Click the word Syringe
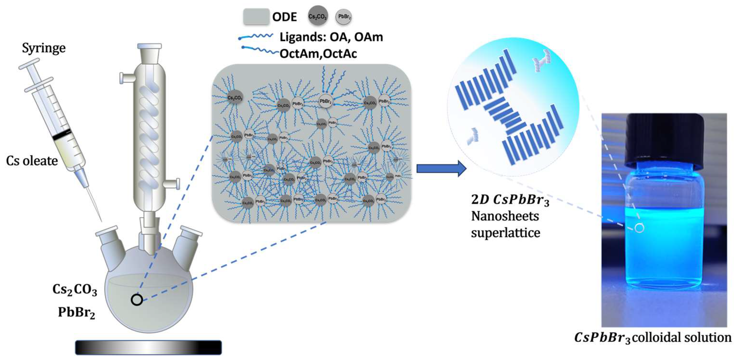(x=44, y=48)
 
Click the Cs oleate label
(x=32, y=161)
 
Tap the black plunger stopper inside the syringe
(x=62, y=134)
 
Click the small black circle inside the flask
(x=137, y=300)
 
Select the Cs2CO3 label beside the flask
(x=75, y=290)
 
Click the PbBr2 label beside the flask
(x=77, y=313)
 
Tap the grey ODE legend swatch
(x=256, y=17)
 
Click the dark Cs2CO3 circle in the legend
(x=318, y=17)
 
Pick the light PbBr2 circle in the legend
(x=344, y=17)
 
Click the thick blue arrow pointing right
(x=441, y=169)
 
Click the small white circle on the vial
(x=639, y=228)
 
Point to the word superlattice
(x=505, y=233)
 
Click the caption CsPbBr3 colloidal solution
(x=653, y=338)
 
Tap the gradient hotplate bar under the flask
(x=148, y=348)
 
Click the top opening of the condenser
(x=149, y=46)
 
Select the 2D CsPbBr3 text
(x=510, y=200)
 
